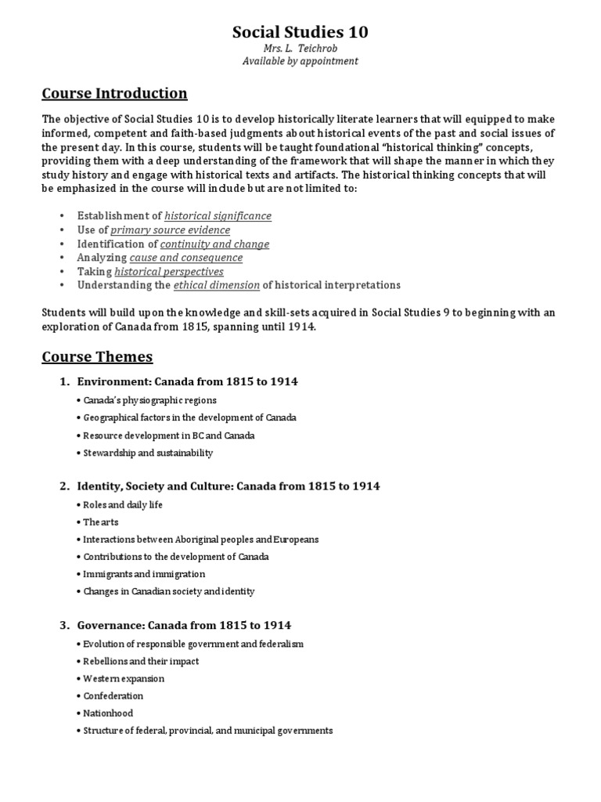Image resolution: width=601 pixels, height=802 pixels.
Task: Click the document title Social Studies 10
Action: point(300,32)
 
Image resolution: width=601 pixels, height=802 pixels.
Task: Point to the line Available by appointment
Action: point(300,61)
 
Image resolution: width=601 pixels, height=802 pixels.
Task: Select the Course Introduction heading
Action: point(114,94)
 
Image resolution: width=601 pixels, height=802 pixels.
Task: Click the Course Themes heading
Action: point(97,357)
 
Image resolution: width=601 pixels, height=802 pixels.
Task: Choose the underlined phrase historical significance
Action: point(218,215)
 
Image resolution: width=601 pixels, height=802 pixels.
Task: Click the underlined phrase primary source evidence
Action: point(171,229)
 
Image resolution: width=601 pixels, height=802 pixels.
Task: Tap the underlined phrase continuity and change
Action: point(214,244)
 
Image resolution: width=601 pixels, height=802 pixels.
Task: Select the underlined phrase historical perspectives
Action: point(169,272)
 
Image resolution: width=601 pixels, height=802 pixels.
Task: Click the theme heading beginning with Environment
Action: point(187,381)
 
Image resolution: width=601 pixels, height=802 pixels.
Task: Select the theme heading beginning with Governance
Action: point(184,625)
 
